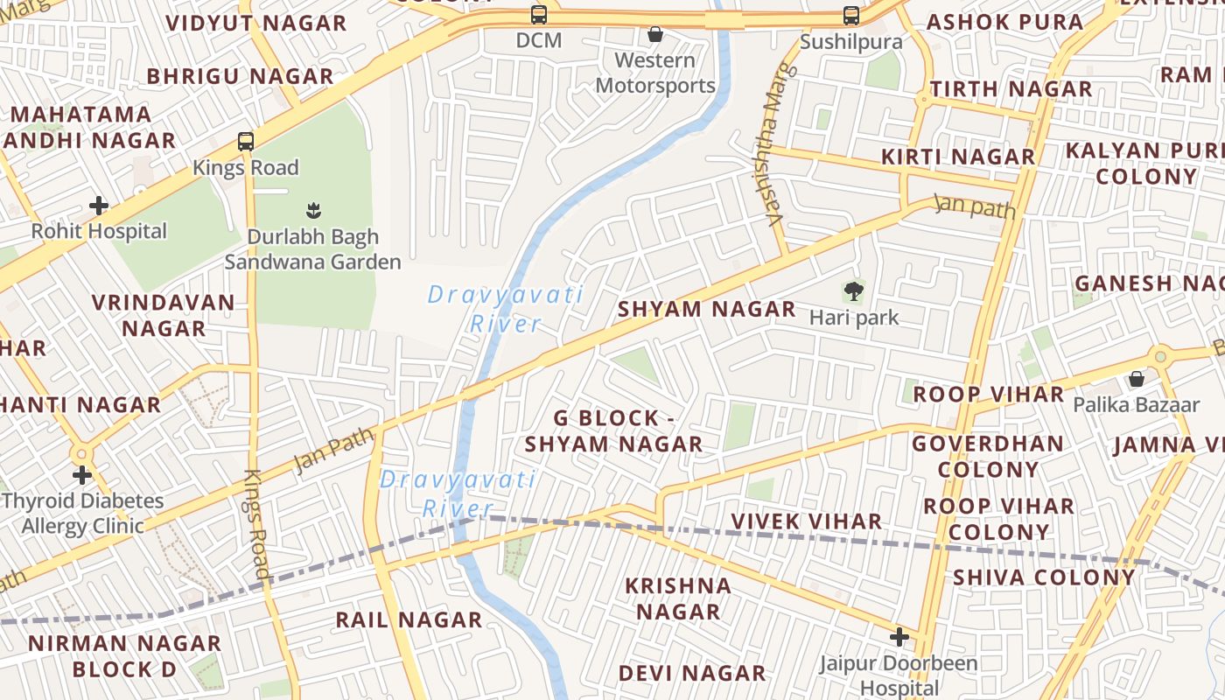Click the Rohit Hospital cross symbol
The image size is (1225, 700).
point(99,206)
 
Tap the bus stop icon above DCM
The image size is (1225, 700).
point(539,15)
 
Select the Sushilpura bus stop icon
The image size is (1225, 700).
point(851,15)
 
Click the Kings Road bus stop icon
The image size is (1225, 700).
point(246,141)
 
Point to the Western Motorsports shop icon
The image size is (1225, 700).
point(654,34)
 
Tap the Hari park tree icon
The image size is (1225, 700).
point(853,291)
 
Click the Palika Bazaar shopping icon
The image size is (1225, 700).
point(1136,379)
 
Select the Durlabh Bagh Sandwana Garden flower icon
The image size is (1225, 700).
point(313,210)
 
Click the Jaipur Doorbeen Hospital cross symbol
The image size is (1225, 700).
point(899,636)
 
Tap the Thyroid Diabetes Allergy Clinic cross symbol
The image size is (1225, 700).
point(82,475)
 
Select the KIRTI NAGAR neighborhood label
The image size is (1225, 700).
point(957,157)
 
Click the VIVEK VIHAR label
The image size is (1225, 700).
point(806,521)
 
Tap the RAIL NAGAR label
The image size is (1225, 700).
point(409,620)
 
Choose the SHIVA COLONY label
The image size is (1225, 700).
point(1044,577)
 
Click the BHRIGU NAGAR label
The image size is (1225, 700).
point(240,77)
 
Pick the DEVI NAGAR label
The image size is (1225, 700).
point(692,673)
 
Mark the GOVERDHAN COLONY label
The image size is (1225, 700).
point(988,456)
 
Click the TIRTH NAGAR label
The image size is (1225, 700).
point(1011,89)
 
